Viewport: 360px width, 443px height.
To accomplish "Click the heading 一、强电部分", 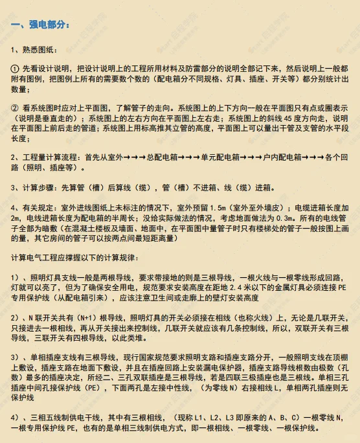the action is pos(39,25).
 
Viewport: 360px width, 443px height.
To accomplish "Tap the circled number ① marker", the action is pos(16,68).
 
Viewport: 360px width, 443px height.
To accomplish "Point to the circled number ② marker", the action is pos(16,108).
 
